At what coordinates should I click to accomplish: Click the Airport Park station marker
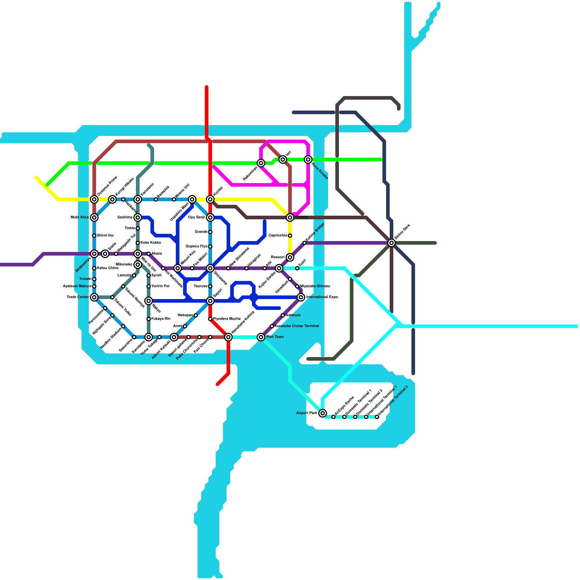click(x=323, y=413)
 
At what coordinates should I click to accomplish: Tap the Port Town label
click(x=275, y=337)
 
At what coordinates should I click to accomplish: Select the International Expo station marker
click(x=301, y=297)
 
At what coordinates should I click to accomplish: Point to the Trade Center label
click(x=78, y=297)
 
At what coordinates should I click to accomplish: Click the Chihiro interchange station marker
click(x=290, y=217)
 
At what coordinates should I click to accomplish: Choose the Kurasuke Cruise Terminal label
click(x=297, y=326)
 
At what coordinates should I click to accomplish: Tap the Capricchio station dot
click(x=290, y=236)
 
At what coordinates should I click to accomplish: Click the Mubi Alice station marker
click(x=94, y=217)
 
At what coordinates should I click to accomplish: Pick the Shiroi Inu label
click(x=105, y=236)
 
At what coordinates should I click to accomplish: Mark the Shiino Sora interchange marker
click(x=391, y=243)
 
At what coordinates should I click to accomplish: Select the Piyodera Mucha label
click(x=227, y=319)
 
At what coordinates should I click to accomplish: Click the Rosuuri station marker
click(x=290, y=257)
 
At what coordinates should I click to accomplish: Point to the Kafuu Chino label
click(x=108, y=268)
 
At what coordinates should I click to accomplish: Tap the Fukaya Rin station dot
click(x=149, y=319)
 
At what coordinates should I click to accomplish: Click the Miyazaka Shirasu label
click(x=315, y=286)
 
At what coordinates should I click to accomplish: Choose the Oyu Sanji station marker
click(x=210, y=217)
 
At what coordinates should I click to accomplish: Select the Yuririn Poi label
click(x=160, y=286)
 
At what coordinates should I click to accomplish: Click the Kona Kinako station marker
click(x=308, y=159)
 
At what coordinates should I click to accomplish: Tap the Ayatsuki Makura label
click(x=77, y=286)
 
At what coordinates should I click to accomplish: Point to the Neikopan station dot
click(x=196, y=315)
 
